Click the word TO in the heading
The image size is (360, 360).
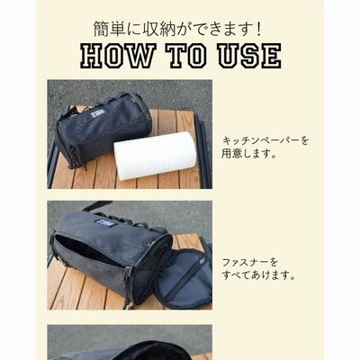click(187, 56)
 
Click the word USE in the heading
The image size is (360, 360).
click(249, 56)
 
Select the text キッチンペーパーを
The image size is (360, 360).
click(265, 140)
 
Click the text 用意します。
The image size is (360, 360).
click(248, 154)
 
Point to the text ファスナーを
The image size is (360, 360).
click(250, 263)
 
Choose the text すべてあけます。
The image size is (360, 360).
click(258, 275)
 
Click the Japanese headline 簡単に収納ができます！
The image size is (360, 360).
click(178, 29)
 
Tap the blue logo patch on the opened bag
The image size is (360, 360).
click(103, 223)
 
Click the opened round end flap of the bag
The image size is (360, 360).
click(183, 279)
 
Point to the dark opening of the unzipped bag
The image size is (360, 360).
click(87, 249)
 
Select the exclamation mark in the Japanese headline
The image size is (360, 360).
click(259, 29)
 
